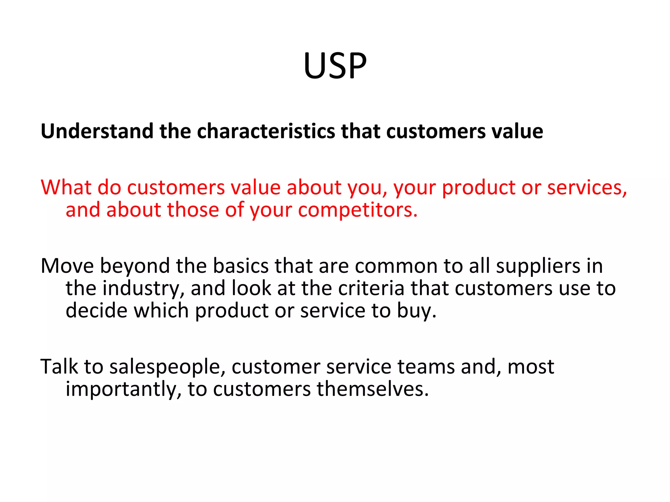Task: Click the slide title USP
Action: coord(335,66)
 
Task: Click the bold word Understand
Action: coord(97,131)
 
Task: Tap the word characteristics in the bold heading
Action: coord(266,131)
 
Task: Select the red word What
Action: coord(66,188)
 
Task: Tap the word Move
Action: coord(67,266)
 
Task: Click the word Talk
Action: coord(59,367)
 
